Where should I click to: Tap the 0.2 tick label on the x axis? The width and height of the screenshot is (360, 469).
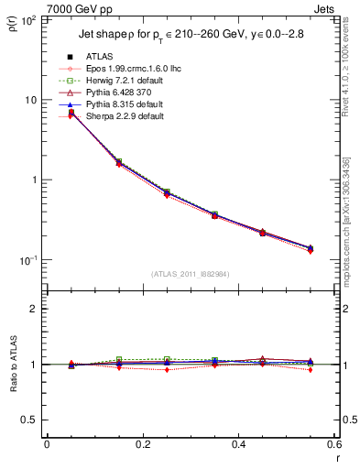(142, 444)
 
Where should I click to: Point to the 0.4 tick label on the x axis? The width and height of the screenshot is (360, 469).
(238, 444)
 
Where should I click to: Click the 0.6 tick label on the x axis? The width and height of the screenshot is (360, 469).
(333, 444)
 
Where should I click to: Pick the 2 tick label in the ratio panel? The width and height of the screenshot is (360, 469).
(37, 309)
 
